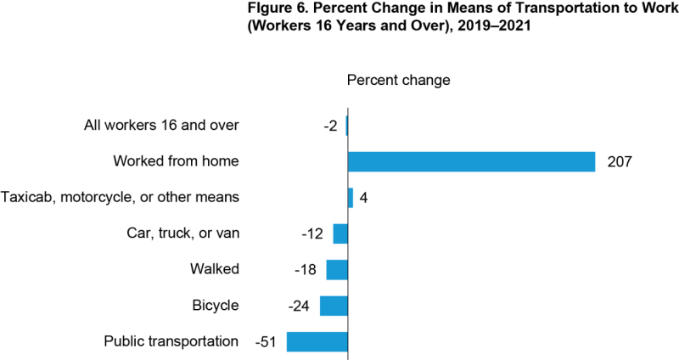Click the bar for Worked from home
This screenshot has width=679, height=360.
point(471,161)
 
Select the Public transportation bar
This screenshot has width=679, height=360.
point(317,342)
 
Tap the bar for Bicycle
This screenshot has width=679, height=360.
point(334,306)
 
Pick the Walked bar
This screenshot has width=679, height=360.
point(337,270)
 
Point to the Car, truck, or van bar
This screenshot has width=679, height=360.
point(340,233)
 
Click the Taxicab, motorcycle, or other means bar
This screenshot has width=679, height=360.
point(351,198)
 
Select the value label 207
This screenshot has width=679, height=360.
point(620,161)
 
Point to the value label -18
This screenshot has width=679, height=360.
point(305,270)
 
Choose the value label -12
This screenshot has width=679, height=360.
point(313,233)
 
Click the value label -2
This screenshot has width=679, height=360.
point(329,126)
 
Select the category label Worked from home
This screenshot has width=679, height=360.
point(176,161)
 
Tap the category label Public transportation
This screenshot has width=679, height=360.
point(171,341)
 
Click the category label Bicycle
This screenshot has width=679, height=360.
point(216,306)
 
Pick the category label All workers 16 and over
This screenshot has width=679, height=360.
point(161,126)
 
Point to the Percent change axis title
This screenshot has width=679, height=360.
point(398,80)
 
